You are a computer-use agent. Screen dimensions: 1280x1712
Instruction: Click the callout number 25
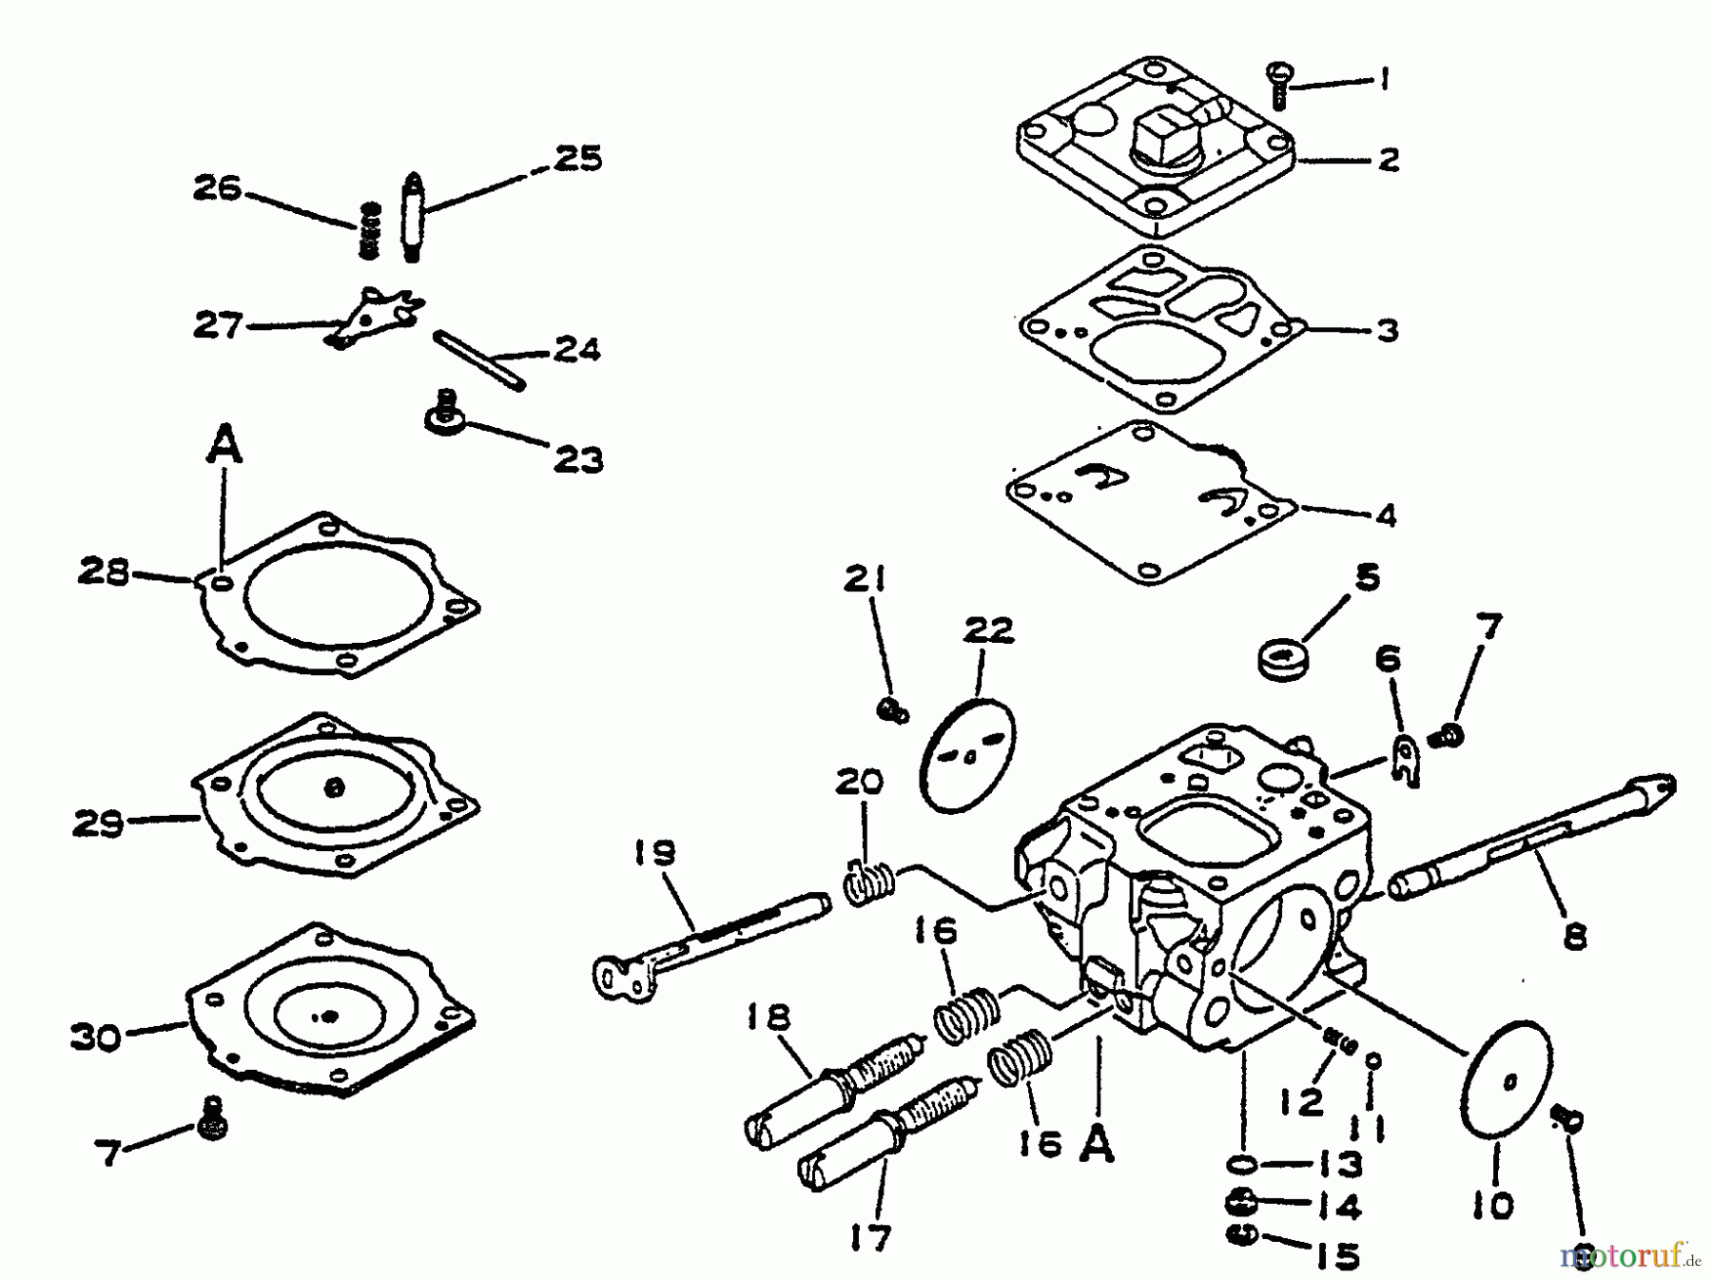coord(577,158)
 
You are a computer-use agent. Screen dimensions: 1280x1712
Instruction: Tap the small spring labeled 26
coord(370,229)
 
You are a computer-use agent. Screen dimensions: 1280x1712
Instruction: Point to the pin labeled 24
coord(478,359)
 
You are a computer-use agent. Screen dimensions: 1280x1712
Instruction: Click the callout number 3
coord(1387,331)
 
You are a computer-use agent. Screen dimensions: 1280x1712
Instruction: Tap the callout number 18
coord(768,1018)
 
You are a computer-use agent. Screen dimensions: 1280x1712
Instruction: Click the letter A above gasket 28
coord(224,446)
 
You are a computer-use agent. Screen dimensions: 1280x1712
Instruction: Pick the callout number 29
coord(98,824)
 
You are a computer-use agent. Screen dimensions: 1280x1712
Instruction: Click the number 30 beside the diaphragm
coord(97,1037)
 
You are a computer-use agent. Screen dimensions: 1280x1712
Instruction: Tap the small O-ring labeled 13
coord(1244,1164)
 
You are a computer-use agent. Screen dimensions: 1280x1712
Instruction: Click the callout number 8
coord(1574,938)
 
